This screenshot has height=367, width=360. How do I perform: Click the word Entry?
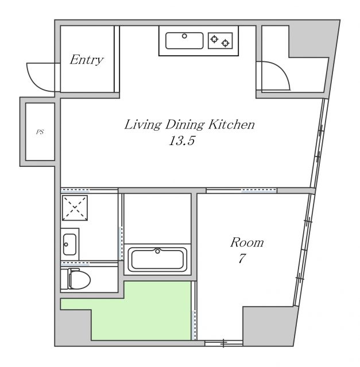[87, 60]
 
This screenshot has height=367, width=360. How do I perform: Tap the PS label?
[40, 132]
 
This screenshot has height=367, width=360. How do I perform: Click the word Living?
[142, 125]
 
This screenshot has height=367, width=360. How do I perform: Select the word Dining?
[185, 125]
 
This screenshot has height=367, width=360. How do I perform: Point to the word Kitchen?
[231, 124]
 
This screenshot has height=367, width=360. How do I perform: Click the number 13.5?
[182, 141]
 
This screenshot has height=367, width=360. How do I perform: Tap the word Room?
[247, 243]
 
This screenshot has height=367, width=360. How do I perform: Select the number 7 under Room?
[242, 258]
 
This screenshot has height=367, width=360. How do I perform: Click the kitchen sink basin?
[184, 41]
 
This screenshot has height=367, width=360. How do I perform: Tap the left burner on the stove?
[214, 39]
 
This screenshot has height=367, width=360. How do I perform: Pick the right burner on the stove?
[226, 43]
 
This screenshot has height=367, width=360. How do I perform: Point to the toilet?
[76, 279]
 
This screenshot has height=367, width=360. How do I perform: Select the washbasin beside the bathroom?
[69, 244]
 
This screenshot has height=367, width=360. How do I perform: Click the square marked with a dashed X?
[75, 208]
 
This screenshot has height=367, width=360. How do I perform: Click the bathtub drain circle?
[157, 251]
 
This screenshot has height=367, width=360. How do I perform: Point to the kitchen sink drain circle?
[184, 36]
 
